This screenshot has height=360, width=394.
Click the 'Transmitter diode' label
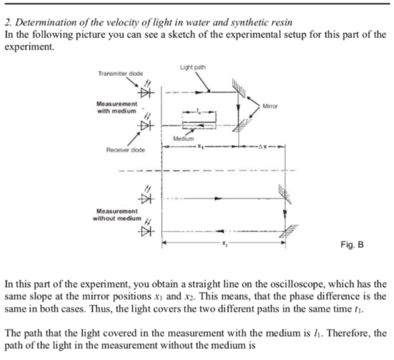[120, 74]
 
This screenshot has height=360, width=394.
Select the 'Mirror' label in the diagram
[269, 106]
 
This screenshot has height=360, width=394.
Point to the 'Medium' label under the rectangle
[182, 139]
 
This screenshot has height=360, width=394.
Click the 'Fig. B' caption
[352, 245]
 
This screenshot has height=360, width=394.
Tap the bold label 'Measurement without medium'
[116, 214]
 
